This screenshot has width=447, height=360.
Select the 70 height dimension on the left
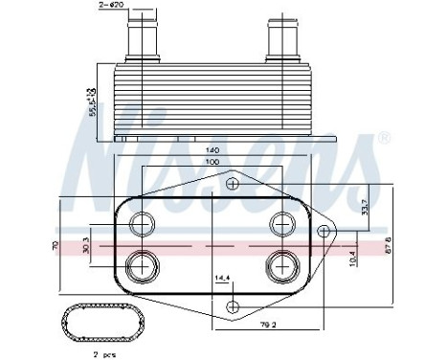(x=56, y=246)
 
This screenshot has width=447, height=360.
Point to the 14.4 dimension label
(x=221, y=280)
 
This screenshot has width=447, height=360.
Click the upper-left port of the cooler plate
(x=143, y=224)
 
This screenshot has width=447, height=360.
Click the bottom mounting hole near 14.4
(x=232, y=305)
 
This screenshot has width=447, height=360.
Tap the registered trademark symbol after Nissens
(x=384, y=139)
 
